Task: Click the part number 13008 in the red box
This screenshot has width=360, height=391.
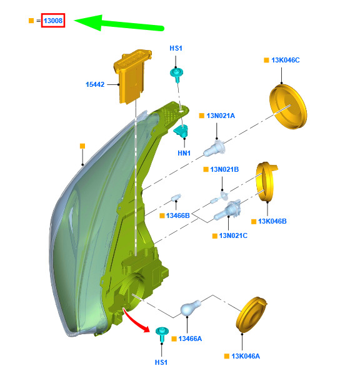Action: click(x=53, y=21)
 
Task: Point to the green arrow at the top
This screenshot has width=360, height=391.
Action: click(x=119, y=23)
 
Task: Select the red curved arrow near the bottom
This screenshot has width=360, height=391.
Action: click(x=136, y=320)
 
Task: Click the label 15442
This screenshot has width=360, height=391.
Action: click(x=95, y=84)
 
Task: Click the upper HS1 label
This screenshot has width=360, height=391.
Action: click(x=176, y=48)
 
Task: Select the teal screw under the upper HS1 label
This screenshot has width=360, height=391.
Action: click(x=177, y=74)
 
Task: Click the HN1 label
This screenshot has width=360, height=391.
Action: click(x=184, y=153)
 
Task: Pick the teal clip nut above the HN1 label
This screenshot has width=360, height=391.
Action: click(x=181, y=131)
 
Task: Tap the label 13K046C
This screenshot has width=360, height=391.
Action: click(x=286, y=60)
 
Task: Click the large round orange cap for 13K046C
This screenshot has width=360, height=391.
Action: click(x=288, y=107)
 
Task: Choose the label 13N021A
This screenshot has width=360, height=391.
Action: click(x=221, y=116)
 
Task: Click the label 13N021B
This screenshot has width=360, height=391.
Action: click(x=224, y=169)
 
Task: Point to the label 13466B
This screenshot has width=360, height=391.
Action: click(x=178, y=215)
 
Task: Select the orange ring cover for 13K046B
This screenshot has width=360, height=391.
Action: click(x=266, y=181)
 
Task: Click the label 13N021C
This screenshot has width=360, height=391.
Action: click(x=233, y=235)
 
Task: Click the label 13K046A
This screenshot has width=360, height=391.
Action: click(x=246, y=356)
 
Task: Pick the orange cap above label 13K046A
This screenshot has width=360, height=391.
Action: click(x=251, y=315)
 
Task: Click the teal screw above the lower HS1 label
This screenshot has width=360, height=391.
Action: click(x=162, y=334)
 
